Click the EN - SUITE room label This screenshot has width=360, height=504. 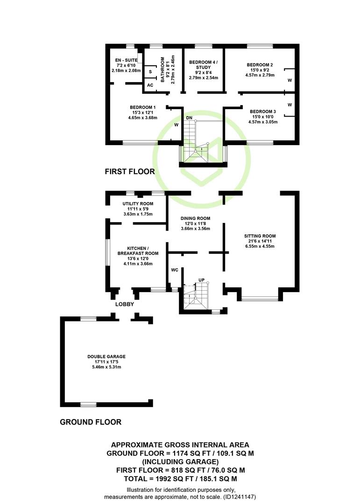(126, 60)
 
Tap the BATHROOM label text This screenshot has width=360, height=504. (162, 70)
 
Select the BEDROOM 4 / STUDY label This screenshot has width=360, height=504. (203, 64)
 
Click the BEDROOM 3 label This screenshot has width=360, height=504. (263, 112)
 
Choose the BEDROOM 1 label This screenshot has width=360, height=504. (143, 107)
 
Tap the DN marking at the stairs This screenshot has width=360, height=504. (189, 118)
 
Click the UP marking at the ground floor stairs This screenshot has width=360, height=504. (201, 280)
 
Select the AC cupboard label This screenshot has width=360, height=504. (150, 85)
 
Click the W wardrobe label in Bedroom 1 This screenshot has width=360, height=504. (176, 125)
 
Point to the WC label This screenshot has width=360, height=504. (174, 270)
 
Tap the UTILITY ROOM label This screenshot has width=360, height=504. (138, 203)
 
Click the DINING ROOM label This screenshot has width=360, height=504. (195, 218)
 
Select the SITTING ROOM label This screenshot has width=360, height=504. (260, 236)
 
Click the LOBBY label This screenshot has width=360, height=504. (125, 304)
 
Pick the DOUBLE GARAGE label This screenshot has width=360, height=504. (106, 357)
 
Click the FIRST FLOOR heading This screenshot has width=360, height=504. (130, 172)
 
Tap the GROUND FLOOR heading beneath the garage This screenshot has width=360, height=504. (91, 422)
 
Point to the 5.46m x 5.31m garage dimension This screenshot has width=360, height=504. (106, 367)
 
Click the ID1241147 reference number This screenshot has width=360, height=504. (240, 497)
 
